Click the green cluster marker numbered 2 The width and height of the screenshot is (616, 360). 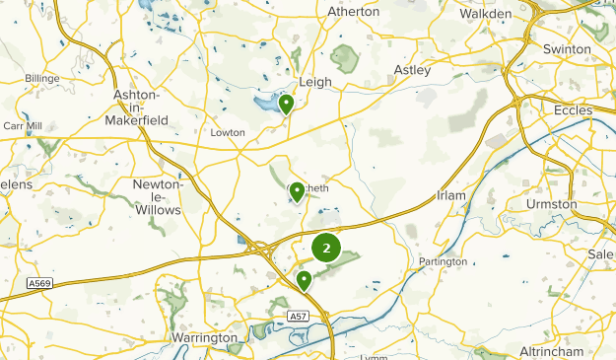coord(326,248)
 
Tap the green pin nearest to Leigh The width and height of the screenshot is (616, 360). coord(286,104)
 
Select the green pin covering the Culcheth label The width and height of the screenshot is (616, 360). coord(297,191)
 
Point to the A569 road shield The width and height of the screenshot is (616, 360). coord(38,282)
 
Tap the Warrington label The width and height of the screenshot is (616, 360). coord(205,338)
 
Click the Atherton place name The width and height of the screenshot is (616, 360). coord(352,12)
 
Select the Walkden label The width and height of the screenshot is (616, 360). coord(487,14)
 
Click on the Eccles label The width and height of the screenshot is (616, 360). coord(573,110)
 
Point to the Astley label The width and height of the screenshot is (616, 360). coord(412,70)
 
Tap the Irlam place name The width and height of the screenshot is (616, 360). coord(450,196)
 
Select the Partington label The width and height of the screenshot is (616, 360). coord(443,262)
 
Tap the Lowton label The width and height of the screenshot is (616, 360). coord(228,132)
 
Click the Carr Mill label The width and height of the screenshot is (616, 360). coord(20,127)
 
